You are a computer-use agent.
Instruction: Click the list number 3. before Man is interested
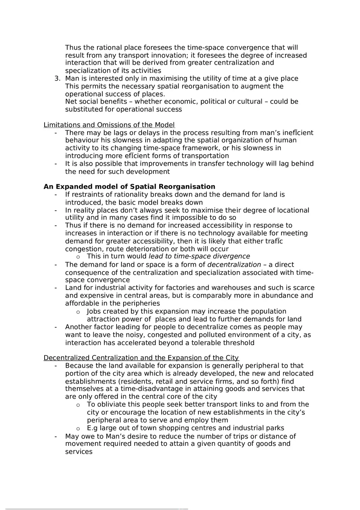(x=58, y=79)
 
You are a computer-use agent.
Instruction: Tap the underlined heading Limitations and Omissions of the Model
(x=109, y=125)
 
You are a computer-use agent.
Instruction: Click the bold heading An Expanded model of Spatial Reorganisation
(x=129, y=186)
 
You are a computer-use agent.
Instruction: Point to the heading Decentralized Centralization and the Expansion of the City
(x=141, y=358)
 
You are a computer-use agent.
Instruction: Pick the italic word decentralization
(x=234, y=265)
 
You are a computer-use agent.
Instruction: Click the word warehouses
(x=225, y=288)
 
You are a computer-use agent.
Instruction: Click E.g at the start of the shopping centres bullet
(x=92, y=428)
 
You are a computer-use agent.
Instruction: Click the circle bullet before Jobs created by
(x=78, y=312)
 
